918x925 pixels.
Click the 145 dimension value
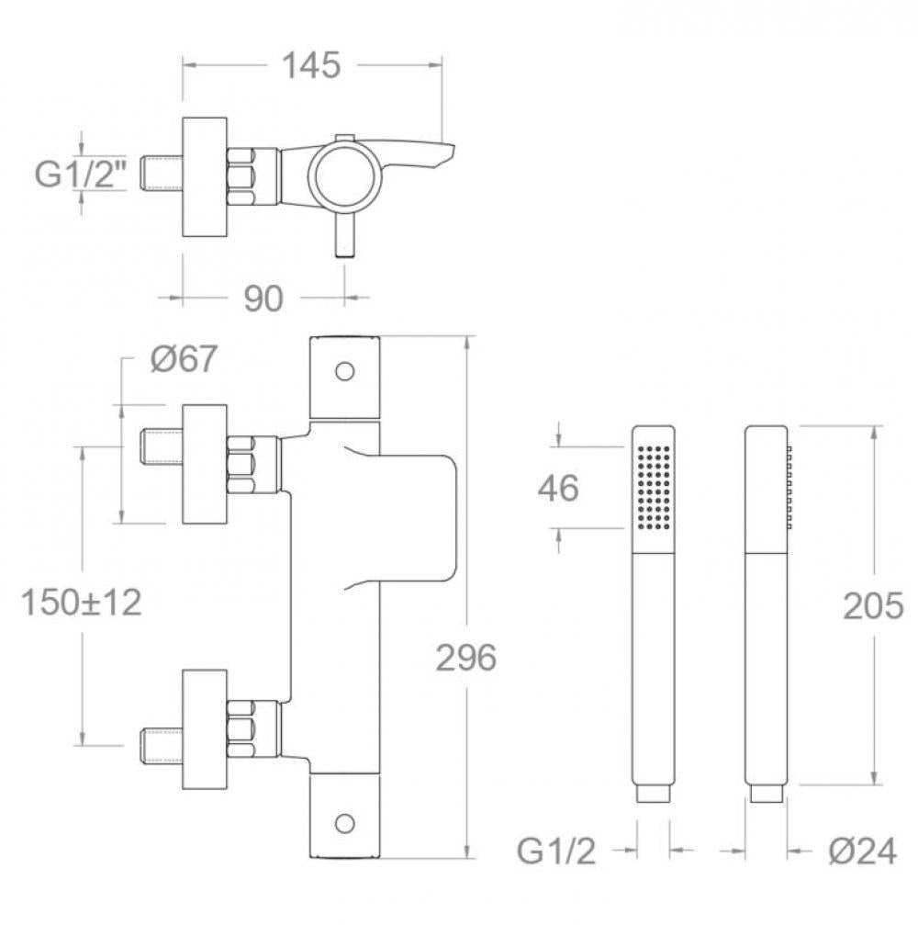tap(312, 65)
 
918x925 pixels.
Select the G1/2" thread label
tap(81, 174)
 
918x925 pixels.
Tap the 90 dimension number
tap(263, 299)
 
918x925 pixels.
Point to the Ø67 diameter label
tap(184, 358)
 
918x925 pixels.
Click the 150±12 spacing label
tap(82, 603)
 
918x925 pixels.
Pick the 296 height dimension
tap(465, 657)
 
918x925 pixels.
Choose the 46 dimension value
tap(558, 489)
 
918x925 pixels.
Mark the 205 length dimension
tap(873, 606)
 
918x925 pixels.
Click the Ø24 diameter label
tap(863, 852)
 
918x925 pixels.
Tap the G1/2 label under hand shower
tap(556, 852)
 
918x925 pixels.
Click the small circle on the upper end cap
tap(345, 372)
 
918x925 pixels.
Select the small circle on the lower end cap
tap(345, 822)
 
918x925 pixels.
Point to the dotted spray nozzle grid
tap(654, 487)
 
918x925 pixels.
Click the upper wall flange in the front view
tap(205, 464)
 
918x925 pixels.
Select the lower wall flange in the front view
tap(205, 729)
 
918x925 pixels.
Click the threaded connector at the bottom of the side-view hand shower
tap(767, 793)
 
